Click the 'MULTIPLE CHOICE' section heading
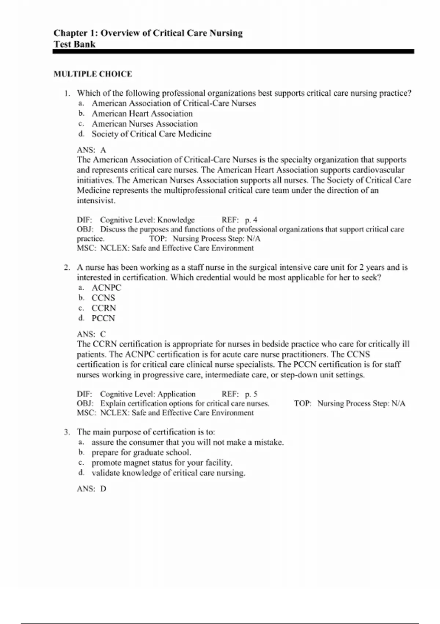[x=92, y=74]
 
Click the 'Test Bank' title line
[x=74, y=44]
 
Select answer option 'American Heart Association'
[x=142, y=114]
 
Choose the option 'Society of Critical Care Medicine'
[x=151, y=134]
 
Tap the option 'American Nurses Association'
[x=144, y=124]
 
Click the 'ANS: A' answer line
[x=91, y=150]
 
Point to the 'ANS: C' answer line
[x=91, y=334]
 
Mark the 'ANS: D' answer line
[x=91, y=489]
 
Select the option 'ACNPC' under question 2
[x=106, y=288]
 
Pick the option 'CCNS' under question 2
[x=103, y=298]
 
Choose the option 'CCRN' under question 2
[x=104, y=308]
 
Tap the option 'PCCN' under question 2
[x=103, y=318]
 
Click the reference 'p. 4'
[x=251, y=220]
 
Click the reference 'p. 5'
[x=251, y=394]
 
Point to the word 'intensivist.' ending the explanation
[x=96, y=201]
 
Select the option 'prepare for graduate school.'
[x=141, y=453]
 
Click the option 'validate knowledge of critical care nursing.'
[x=168, y=473]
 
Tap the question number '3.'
[x=67, y=432]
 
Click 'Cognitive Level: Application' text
[x=148, y=394]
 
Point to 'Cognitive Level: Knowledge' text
[x=147, y=220]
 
